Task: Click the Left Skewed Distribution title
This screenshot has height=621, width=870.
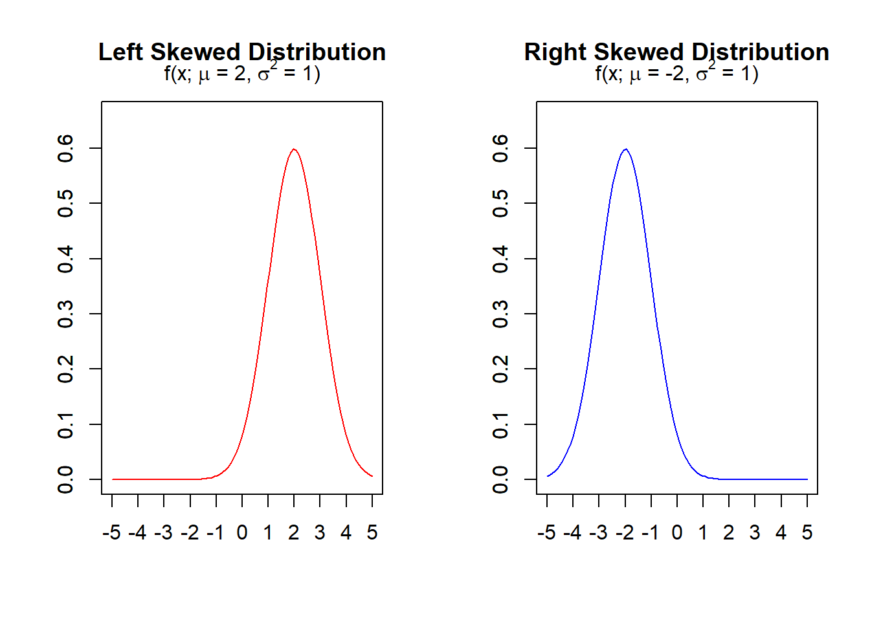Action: (242, 52)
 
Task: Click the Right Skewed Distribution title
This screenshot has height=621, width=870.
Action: (676, 52)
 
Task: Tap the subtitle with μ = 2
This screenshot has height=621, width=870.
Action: (242, 74)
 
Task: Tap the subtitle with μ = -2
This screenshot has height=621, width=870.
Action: (676, 74)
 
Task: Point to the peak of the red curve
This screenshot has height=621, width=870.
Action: (294, 149)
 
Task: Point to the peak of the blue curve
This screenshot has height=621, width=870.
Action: (625, 149)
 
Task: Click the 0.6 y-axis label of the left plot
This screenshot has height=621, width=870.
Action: (65, 148)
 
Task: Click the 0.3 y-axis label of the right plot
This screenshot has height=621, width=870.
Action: (500, 314)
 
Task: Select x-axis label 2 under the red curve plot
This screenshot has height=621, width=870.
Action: (294, 532)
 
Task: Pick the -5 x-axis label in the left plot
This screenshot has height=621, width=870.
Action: (111, 532)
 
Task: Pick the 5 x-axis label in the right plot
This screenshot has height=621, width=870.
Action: (807, 532)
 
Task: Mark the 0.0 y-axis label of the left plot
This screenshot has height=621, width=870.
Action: (65, 479)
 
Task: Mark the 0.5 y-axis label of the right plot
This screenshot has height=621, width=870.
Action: (500, 203)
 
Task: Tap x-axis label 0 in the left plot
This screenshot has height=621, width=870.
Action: (242, 532)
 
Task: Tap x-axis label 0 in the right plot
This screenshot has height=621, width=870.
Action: (677, 532)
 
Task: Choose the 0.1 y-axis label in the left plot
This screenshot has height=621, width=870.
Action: (65, 424)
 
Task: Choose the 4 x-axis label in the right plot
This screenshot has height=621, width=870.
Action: (781, 532)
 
